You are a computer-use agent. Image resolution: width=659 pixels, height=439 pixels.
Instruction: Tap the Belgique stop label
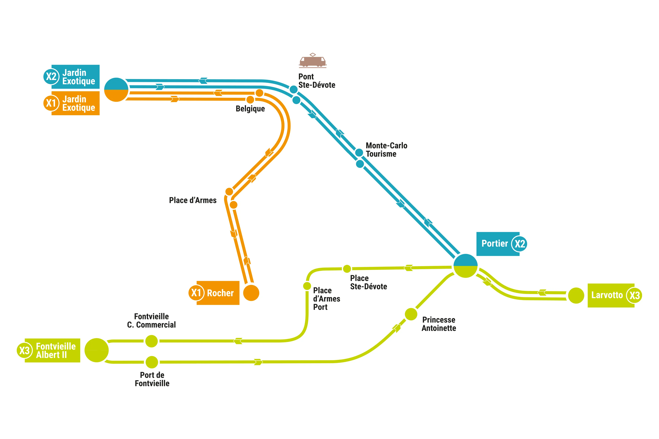(x=250, y=109)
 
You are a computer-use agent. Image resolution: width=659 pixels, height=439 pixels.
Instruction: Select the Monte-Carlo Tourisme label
(x=386, y=150)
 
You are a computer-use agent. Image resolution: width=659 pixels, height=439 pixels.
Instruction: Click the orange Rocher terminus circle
(x=251, y=293)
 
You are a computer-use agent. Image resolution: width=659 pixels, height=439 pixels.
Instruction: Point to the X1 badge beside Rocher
(x=196, y=293)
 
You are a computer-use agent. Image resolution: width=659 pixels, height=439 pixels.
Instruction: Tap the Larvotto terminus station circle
(x=576, y=295)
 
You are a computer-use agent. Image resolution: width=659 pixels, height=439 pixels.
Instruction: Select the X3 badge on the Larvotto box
(x=634, y=295)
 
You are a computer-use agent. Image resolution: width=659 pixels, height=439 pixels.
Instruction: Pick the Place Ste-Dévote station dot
(x=347, y=269)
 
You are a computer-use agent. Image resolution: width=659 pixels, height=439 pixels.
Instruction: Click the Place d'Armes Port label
(x=326, y=299)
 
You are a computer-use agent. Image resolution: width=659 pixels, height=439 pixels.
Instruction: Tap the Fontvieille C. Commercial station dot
(x=152, y=341)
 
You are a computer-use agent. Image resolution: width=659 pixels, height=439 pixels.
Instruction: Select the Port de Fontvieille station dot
(x=152, y=362)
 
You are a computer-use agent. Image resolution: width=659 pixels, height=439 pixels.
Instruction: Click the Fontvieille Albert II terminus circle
(x=96, y=350)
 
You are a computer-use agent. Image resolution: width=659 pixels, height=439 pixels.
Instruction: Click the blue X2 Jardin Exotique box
(x=75, y=77)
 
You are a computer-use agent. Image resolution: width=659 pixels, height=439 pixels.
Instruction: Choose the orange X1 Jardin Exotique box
(x=75, y=103)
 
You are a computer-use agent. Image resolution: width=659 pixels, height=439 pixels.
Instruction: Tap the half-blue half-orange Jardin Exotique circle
(x=116, y=90)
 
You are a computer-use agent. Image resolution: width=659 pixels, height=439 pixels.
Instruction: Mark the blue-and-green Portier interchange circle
(x=465, y=266)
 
